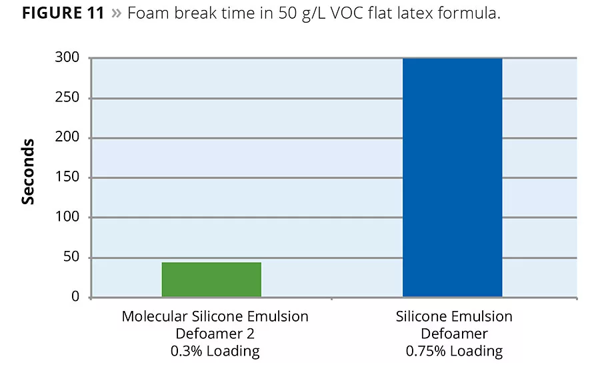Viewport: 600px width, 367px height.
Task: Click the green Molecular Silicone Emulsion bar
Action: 211,280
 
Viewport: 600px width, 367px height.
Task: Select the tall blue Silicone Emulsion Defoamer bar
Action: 452,177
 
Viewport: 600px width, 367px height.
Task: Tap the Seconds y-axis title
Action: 28,171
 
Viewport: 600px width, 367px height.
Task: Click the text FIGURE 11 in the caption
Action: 63,14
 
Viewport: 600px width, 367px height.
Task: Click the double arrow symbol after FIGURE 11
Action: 117,14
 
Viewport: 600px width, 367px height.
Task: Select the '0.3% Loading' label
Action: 215,350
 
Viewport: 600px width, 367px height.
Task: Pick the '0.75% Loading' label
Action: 454,350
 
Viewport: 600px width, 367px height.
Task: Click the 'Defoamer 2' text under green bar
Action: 215,333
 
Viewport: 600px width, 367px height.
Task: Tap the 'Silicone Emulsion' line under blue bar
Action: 454,316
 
